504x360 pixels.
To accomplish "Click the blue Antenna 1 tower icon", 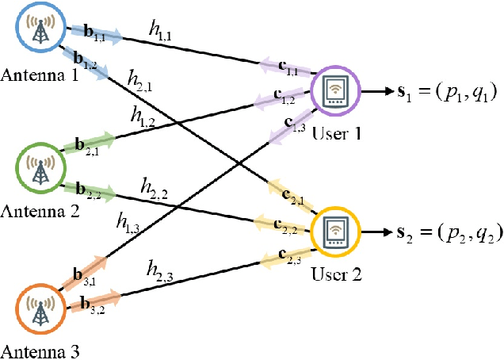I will point(38,31).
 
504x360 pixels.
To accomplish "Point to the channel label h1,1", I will point(164,30).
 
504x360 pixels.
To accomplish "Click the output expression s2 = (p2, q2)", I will point(448,235).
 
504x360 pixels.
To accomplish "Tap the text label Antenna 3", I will point(39,350).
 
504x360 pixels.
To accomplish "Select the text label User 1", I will point(338,133).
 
